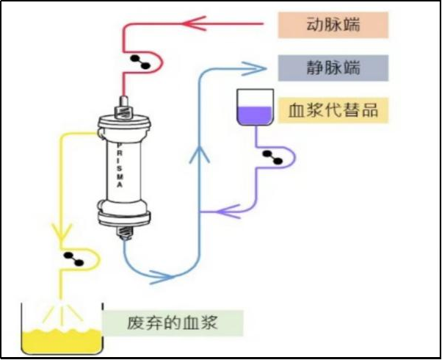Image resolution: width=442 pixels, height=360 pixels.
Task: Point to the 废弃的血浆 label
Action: click(172, 322)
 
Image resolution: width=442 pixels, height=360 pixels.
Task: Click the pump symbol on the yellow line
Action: click(73, 257)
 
